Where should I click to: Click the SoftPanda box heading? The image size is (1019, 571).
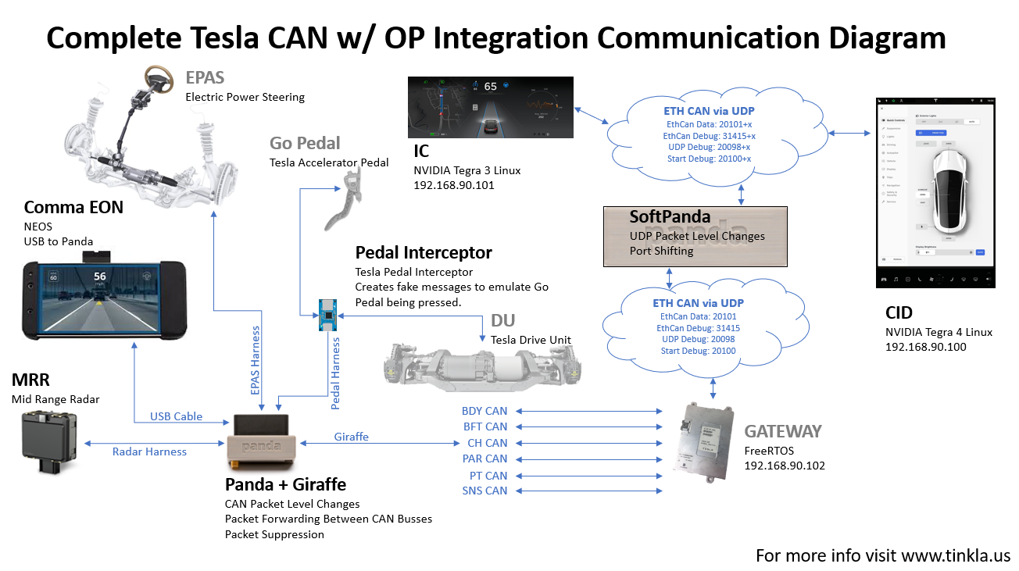pyautogui.click(x=670, y=216)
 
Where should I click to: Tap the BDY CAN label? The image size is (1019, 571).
pyautogui.click(x=484, y=411)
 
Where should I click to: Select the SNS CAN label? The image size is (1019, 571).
pyautogui.click(x=484, y=491)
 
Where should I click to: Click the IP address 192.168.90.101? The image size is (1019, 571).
pyautogui.click(x=456, y=186)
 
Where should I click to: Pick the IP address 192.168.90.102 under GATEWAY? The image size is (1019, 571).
pyautogui.click(x=785, y=466)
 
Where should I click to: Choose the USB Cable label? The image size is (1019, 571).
pyautogui.click(x=176, y=416)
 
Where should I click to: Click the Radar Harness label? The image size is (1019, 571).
pyautogui.click(x=149, y=451)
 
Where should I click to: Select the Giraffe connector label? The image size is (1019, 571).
pyautogui.click(x=351, y=437)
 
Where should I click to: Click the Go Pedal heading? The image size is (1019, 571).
pyautogui.click(x=305, y=143)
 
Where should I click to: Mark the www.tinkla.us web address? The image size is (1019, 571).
pyautogui.click(x=956, y=556)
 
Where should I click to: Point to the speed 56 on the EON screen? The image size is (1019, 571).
pyautogui.click(x=99, y=277)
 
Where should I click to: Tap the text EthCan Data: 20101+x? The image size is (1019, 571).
pyautogui.click(x=710, y=124)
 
